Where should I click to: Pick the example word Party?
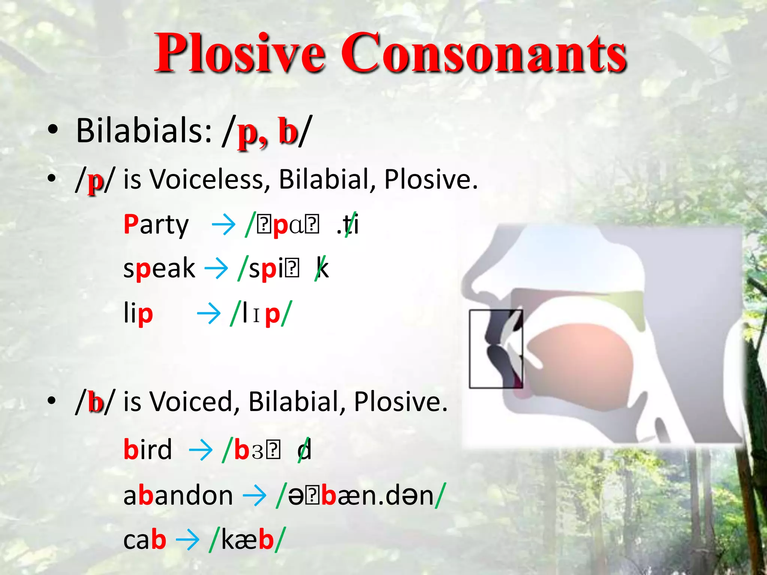(x=156, y=225)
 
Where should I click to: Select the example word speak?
(x=159, y=269)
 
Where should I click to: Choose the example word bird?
(x=148, y=449)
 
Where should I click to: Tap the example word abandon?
(x=178, y=495)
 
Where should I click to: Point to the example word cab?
(x=145, y=540)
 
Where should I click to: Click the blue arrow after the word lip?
(x=209, y=314)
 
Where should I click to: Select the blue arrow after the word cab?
(x=187, y=540)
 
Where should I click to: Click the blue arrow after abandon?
(x=255, y=495)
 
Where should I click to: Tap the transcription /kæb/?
(x=247, y=540)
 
